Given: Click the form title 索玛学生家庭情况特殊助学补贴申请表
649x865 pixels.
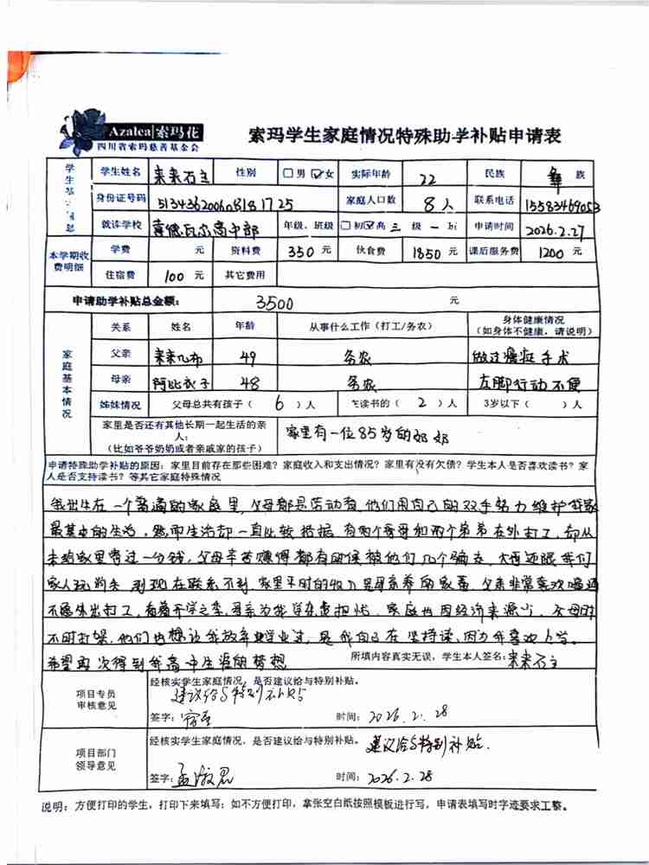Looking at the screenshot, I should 405,136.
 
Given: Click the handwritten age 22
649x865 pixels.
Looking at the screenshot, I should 426,178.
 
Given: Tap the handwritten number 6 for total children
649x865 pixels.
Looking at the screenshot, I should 280,404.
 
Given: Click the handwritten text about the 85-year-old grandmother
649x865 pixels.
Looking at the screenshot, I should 380,430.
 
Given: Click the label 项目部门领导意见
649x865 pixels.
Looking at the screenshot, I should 95,760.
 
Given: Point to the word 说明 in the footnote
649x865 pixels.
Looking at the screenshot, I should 55,806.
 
